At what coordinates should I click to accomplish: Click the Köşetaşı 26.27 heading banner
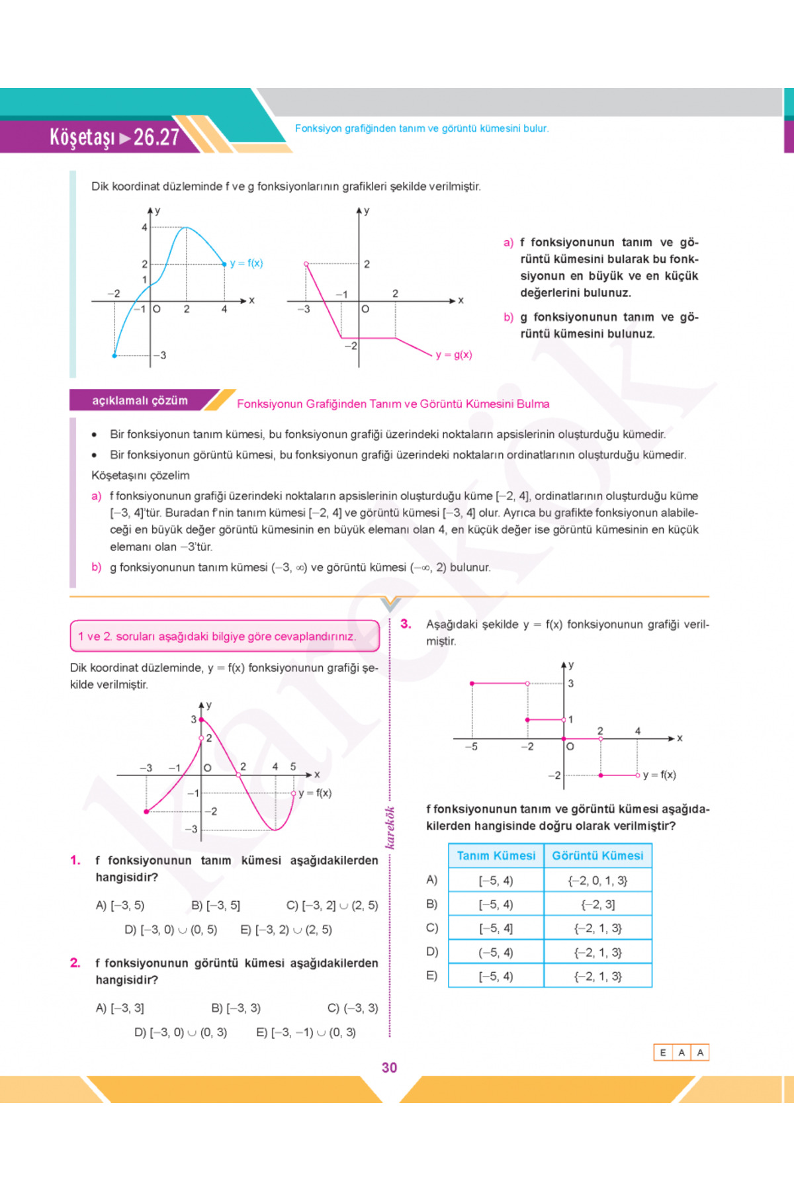click(114, 137)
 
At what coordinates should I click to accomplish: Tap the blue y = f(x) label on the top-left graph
click(246, 263)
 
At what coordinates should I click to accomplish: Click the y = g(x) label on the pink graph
click(454, 355)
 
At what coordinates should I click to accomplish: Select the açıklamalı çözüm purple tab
click(140, 400)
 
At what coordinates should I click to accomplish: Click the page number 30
click(389, 1067)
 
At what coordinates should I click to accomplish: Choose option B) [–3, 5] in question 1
click(216, 905)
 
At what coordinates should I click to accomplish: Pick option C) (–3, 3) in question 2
click(353, 1008)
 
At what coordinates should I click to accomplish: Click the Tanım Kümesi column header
click(496, 856)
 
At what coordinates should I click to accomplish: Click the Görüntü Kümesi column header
click(597, 856)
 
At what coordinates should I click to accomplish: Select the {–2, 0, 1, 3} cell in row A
click(597, 881)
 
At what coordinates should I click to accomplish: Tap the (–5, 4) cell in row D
click(496, 952)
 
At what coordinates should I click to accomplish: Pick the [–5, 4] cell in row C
click(496, 928)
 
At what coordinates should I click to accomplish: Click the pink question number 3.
click(406, 623)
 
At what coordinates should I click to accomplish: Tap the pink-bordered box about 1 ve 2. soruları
click(224, 636)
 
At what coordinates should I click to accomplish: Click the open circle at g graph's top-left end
click(306, 264)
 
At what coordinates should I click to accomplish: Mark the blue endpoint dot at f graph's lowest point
click(114, 356)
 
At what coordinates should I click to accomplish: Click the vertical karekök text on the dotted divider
click(390, 828)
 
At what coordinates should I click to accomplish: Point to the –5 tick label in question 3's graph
click(471, 747)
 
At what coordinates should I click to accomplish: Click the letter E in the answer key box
click(663, 1053)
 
